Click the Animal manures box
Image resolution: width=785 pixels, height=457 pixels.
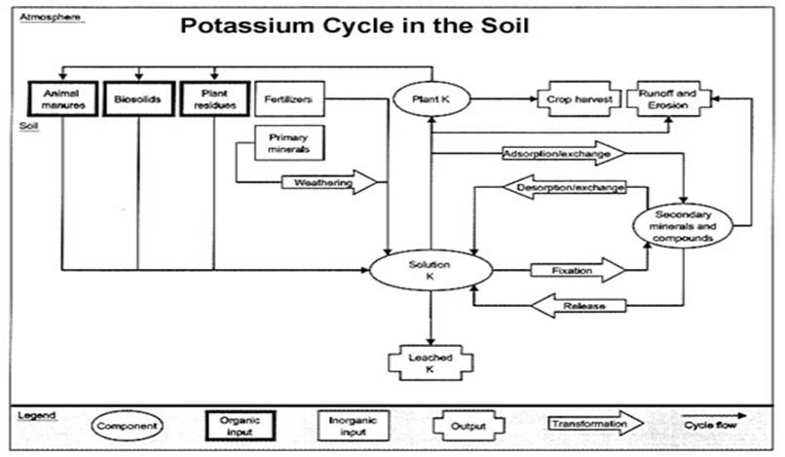point(60,99)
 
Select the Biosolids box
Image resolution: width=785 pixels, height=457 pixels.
point(138,99)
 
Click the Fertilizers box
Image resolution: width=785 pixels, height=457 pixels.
point(287,99)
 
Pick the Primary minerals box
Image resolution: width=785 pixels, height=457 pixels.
point(287,144)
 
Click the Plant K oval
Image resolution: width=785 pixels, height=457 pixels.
point(430,97)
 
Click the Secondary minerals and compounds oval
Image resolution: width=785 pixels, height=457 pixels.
point(684,226)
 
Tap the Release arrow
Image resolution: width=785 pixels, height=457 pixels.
point(581,306)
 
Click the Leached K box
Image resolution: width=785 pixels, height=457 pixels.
point(429,362)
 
